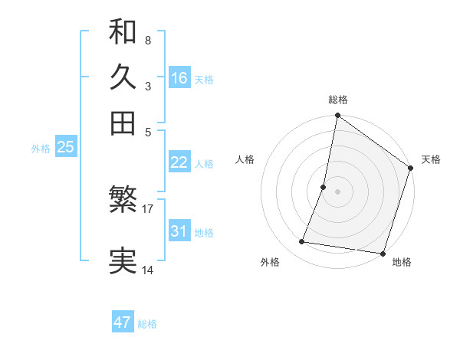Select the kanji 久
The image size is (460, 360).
click(x=123, y=77)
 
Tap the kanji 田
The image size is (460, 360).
click(x=123, y=123)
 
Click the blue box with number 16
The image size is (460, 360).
click(x=179, y=78)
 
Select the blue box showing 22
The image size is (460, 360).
click(x=179, y=162)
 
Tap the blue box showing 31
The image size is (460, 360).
click(x=179, y=231)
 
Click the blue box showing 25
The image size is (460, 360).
click(x=65, y=148)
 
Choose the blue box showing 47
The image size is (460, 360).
click(x=123, y=322)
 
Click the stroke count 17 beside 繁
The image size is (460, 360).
click(x=148, y=208)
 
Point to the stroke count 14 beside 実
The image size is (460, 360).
click(x=148, y=270)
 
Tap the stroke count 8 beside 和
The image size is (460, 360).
click(x=147, y=40)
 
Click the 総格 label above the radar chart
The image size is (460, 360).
click(x=338, y=100)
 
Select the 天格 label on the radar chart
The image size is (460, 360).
click(x=431, y=159)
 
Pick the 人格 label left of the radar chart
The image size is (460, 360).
click(x=245, y=159)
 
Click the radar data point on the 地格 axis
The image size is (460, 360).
click(x=383, y=254)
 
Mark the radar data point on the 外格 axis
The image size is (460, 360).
click(x=302, y=242)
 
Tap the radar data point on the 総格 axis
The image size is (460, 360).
click(x=337, y=116)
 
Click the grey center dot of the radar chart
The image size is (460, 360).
click(x=337, y=191)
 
